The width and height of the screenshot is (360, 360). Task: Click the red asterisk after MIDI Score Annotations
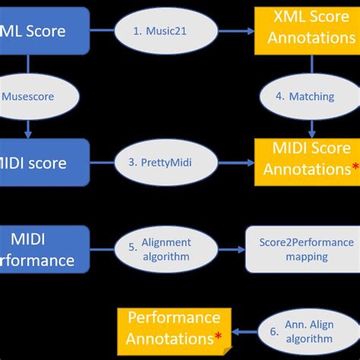pos(355,169)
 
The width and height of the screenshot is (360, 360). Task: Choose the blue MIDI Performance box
pos(42,250)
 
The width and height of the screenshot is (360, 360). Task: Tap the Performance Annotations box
pos(173,327)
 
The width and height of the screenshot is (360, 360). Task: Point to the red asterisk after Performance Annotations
pos(218,336)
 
